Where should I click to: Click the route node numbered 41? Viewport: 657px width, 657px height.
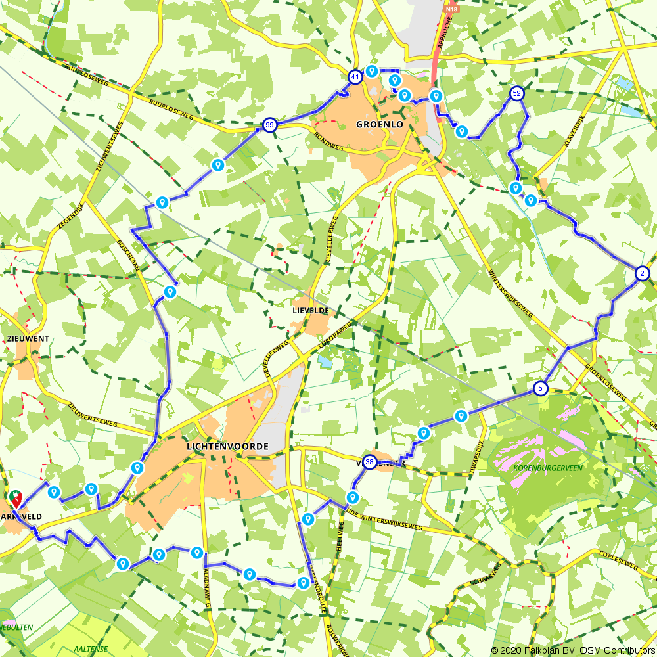click(x=355, y=77)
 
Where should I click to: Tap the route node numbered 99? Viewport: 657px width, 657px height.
click(x=269, y=125)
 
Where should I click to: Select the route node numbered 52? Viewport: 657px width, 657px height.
click(x=517, y=93)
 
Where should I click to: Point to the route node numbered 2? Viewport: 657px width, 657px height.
click(x=642, y=273)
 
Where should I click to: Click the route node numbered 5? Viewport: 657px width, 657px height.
click(x=540, y=388)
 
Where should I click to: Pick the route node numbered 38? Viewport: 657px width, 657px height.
click(x=370, y=463)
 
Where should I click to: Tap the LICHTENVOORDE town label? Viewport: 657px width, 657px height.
click(x=227, y=447)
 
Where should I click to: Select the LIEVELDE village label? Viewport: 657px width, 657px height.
click(x=311, y=310)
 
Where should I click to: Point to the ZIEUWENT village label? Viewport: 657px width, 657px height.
click(x=28, y=338)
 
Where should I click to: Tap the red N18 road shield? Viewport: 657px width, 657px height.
click(x=451, y=9)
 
